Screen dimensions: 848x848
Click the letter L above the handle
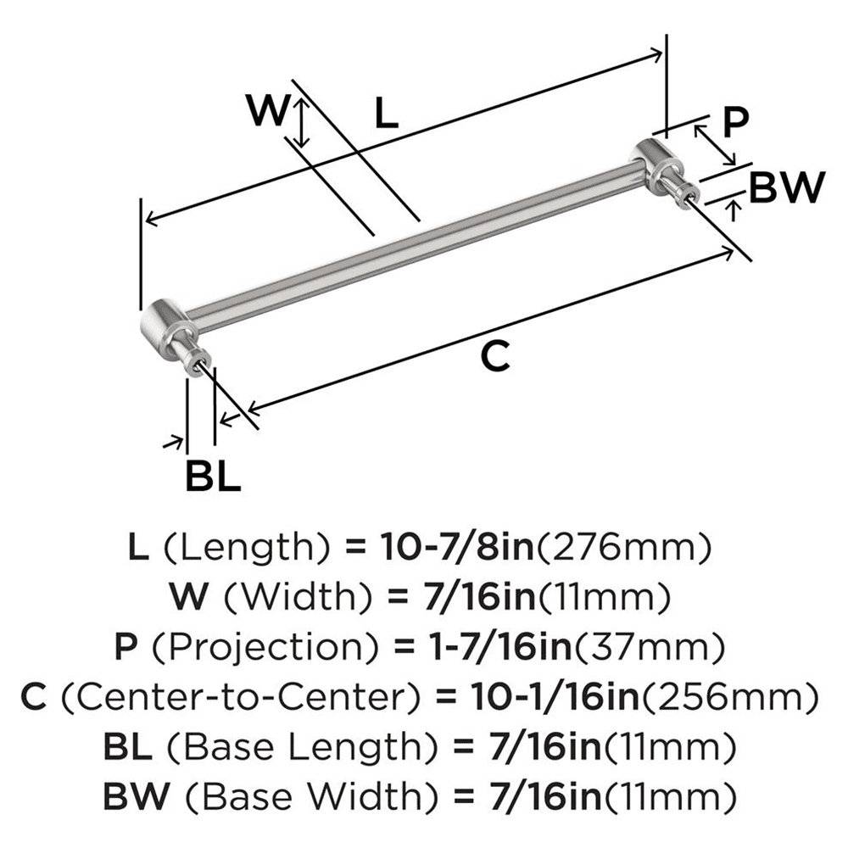pos(387,114)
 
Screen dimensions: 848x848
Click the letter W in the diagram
pos(267,110)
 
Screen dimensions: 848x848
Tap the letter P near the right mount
pos(735,121)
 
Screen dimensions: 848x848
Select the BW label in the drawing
pos(788,187)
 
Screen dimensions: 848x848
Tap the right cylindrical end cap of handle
pos(655,161)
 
